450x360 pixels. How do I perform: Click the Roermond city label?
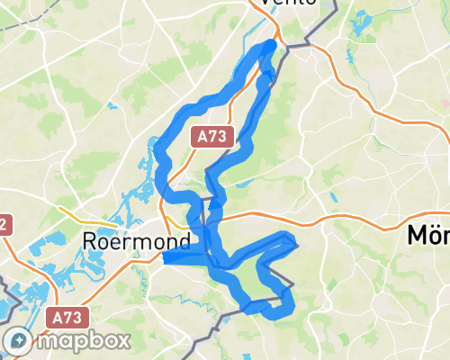135,241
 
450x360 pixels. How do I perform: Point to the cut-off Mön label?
428,236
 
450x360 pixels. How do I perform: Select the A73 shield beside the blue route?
213,137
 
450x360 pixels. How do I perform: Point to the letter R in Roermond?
89,241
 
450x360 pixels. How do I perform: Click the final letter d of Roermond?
183,241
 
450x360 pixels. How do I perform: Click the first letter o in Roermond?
103,242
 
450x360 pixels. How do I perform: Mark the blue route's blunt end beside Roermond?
166,258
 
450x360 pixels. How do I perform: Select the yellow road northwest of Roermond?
76,215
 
